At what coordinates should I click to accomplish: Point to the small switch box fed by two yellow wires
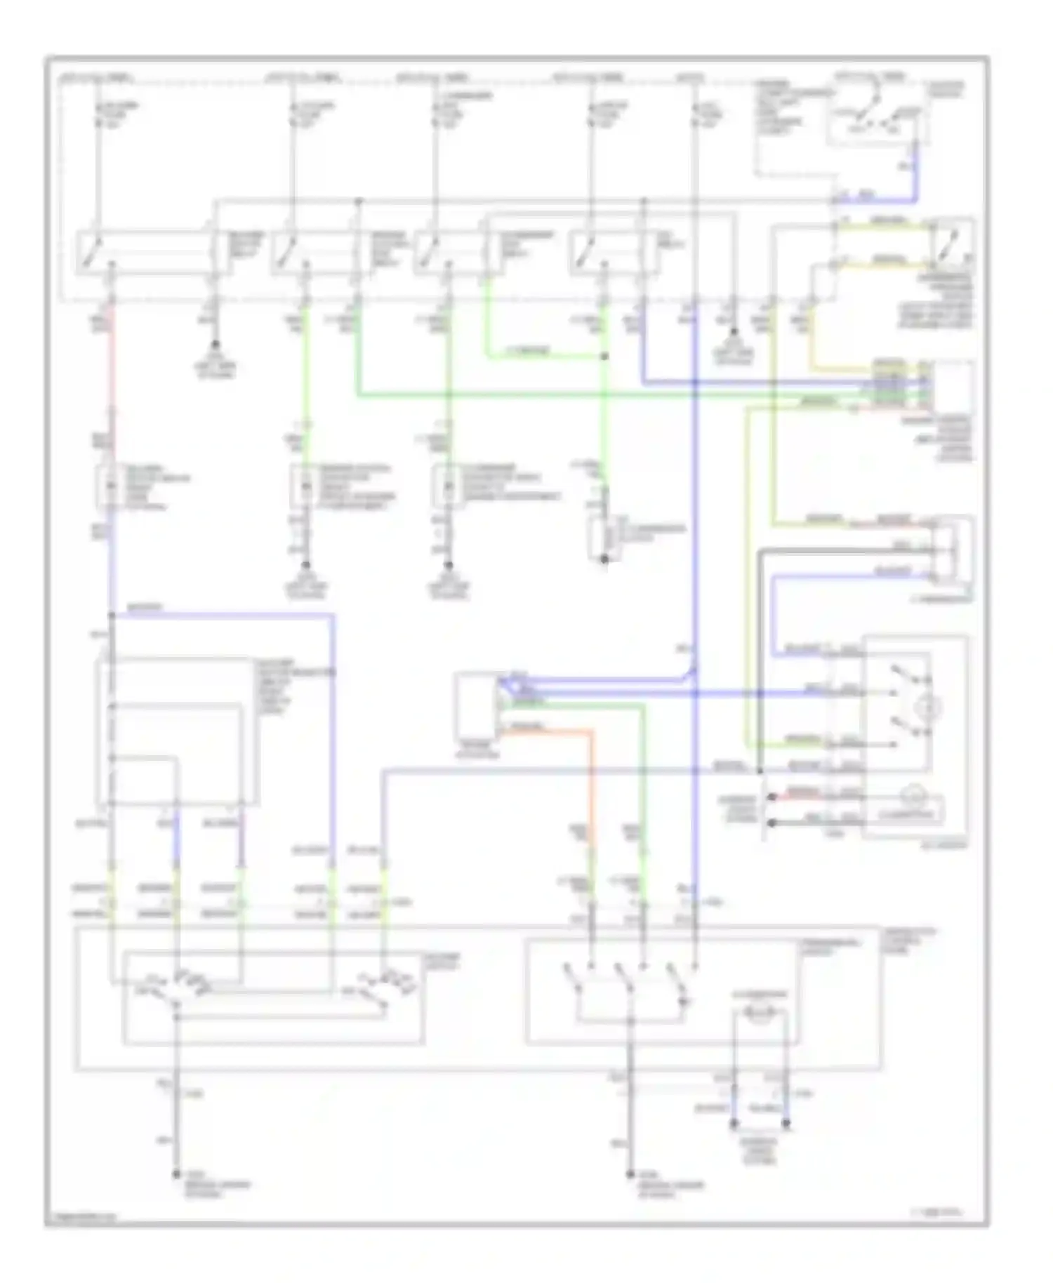click(x=952, y=241)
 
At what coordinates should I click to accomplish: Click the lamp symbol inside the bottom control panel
click(x=762, y=1012)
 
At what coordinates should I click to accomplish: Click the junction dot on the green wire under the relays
click(x=604, y=357)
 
